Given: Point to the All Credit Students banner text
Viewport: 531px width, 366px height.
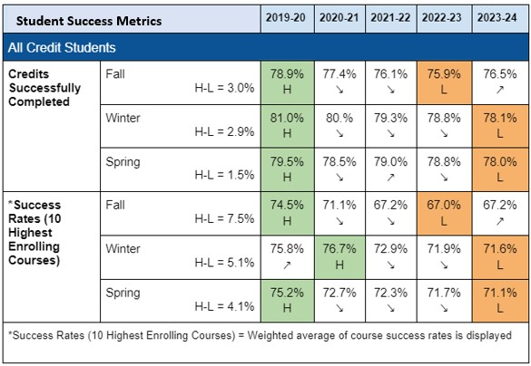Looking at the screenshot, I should coord(62,46).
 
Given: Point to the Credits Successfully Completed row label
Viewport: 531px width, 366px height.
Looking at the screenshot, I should coord(44,88).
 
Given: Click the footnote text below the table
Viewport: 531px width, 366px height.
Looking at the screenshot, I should coord(258,334).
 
